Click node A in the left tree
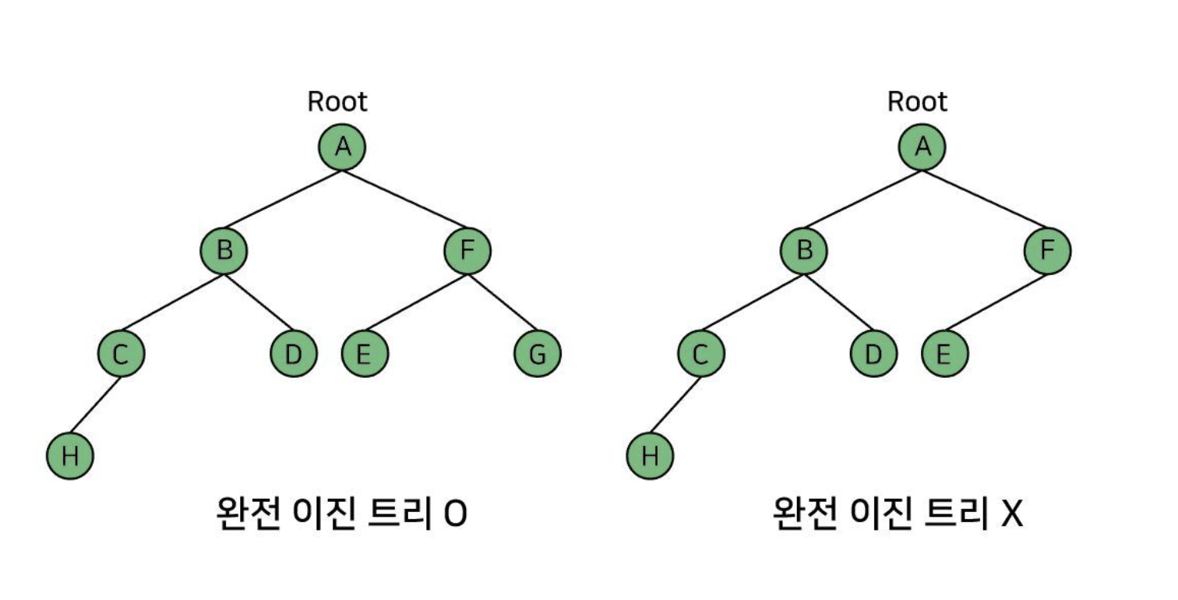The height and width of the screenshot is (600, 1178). point(342,146)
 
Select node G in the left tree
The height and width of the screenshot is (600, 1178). point(538,354)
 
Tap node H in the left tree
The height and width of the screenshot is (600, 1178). point(70,456)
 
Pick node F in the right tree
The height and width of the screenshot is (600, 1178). point(1047,250)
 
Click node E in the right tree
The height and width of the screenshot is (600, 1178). point(944,354)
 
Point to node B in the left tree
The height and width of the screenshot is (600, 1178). point(224,250)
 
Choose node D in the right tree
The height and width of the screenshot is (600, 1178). point(874,354)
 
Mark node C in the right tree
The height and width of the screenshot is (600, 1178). point(701,354)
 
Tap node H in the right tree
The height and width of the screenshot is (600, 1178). point(650,456)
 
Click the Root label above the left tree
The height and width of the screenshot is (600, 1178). point(337,101)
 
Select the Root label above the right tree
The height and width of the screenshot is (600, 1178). point(918,101)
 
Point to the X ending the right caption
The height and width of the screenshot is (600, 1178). point(1011,514)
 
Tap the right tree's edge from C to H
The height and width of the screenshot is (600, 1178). point(675,405)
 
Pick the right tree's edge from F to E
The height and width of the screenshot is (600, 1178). point(996,302)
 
